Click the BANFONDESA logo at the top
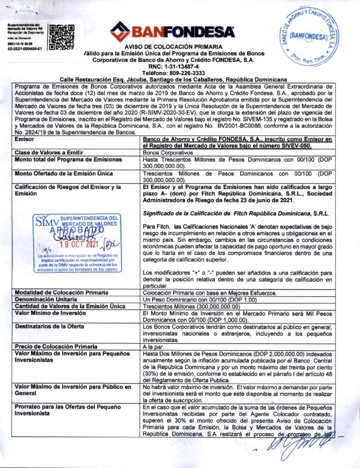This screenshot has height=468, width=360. [172, 32]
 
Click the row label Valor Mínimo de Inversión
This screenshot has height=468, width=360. [50, 313]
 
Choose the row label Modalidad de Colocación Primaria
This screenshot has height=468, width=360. [61, 292]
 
